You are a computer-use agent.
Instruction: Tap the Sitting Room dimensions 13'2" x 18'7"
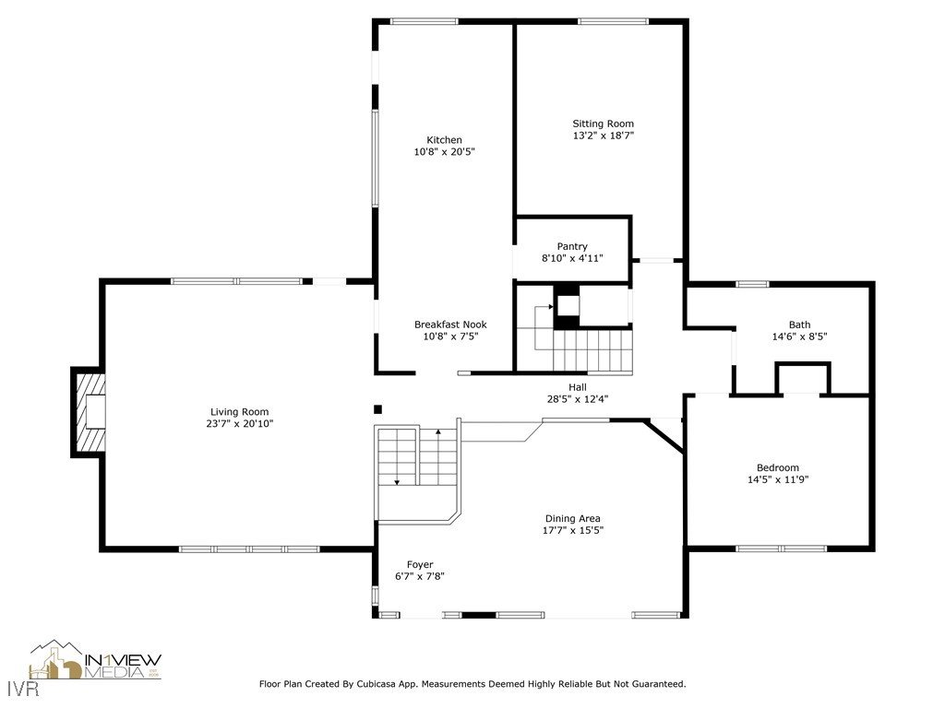(x=603, y=136)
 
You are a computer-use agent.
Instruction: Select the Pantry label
(x=572, y=246)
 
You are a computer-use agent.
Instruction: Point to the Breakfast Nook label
(x=449, y=324)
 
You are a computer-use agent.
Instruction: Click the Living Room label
(x=240, y=412)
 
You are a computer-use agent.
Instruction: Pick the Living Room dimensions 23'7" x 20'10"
(x=240, y=424)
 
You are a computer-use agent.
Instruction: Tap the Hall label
(x=577, y=387)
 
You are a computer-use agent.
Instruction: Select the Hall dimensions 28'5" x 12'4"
(x=577, y=399)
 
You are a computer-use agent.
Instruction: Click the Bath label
(x=799, y=324)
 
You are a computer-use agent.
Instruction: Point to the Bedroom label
(x=778, y=467)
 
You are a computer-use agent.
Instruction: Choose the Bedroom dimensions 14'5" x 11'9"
(x=778, y=479)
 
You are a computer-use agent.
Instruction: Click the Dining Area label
(x=572, y=518)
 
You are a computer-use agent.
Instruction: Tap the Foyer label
(x=420, y=564)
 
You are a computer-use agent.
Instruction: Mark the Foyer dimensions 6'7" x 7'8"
(x=420, y=576)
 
